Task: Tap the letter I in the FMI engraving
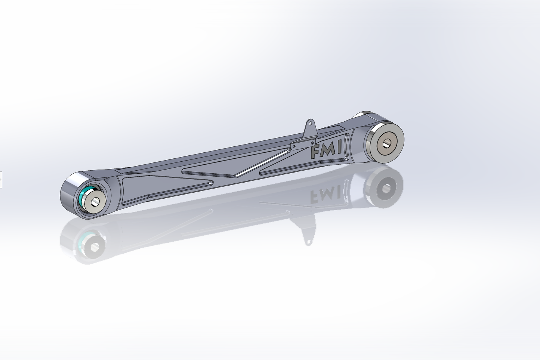339,148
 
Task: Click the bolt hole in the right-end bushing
386,143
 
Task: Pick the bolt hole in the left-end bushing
95,202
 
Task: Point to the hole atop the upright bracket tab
310,123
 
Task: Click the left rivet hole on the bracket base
294,147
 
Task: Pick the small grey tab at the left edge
1,180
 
